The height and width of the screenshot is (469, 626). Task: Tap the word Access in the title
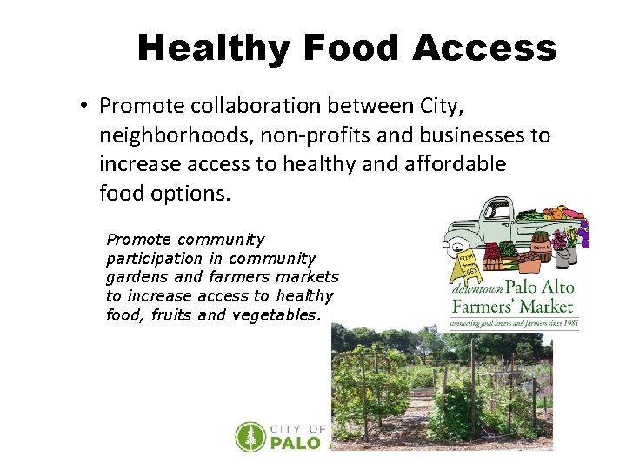pyautogui.click(x=485, y=49)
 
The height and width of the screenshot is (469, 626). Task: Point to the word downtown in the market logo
pyautogui.click(x=477, y=289)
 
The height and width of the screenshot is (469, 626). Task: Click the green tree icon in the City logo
pyautogui.click(x=250, y=437)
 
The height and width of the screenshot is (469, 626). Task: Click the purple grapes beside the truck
pyautogui.click(x=583, y=232)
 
